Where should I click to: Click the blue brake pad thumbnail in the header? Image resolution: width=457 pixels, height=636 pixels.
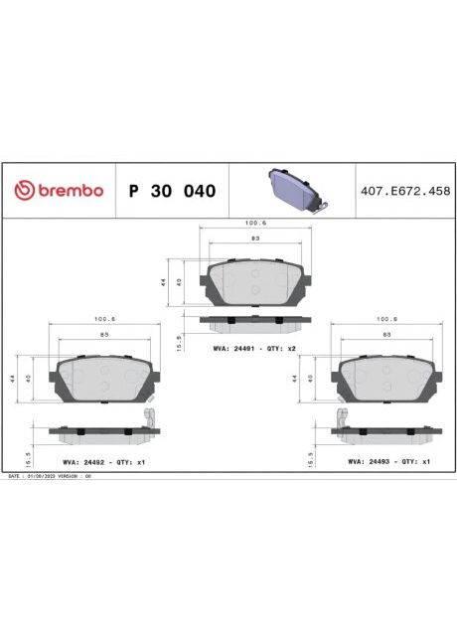click(x=295, y=189)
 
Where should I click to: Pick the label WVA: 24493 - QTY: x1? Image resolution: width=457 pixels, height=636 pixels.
click(x=388, y=462)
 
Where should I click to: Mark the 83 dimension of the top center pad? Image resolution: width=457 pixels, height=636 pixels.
click(x=254, y=239)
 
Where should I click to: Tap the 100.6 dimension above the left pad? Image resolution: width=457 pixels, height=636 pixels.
click(x=105, y=319)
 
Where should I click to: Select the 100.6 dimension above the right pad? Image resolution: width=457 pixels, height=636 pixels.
click(x=387, y=319)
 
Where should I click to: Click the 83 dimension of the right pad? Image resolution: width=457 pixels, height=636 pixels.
click(x=387, y=337)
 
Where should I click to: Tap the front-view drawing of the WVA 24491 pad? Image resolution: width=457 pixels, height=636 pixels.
click(x=254, y=283)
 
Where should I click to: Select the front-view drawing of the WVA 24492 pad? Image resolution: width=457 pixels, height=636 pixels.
click(x=105, y=379)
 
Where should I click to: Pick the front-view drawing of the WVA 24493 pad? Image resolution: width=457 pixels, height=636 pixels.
click(x=387, y=379)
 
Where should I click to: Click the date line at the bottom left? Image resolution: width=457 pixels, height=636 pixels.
click(x=50, y=476)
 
